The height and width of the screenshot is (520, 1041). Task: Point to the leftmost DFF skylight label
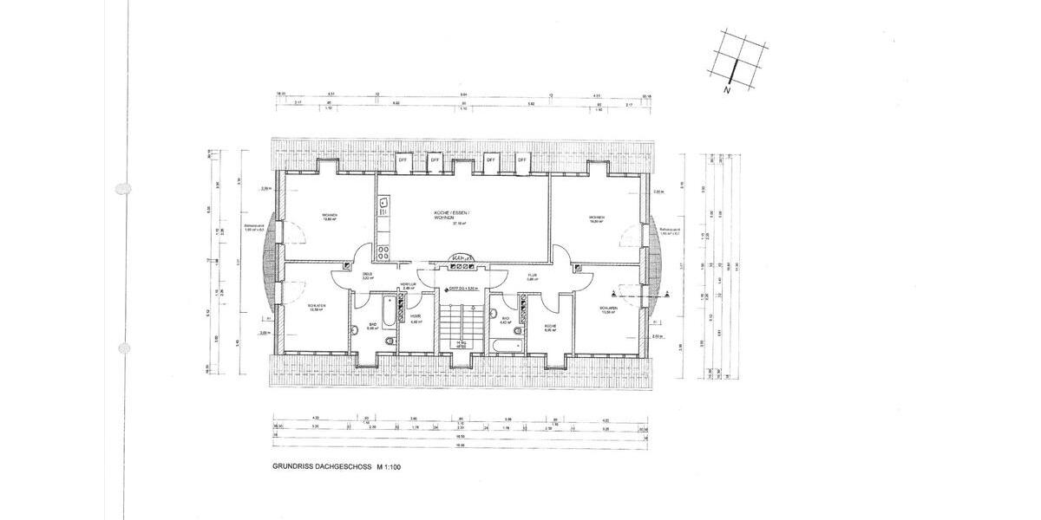click(x=403, y=160)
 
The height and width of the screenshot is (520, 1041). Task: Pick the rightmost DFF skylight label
click(x=522, y=160)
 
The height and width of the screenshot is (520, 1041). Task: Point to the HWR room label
click(x=416, y=318)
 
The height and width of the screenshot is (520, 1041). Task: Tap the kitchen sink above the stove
click(x=382, y=206)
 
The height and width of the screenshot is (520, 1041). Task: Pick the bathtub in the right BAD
click(x=506, y=346)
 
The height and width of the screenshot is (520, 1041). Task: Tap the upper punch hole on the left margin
click(x=123, y=187)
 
